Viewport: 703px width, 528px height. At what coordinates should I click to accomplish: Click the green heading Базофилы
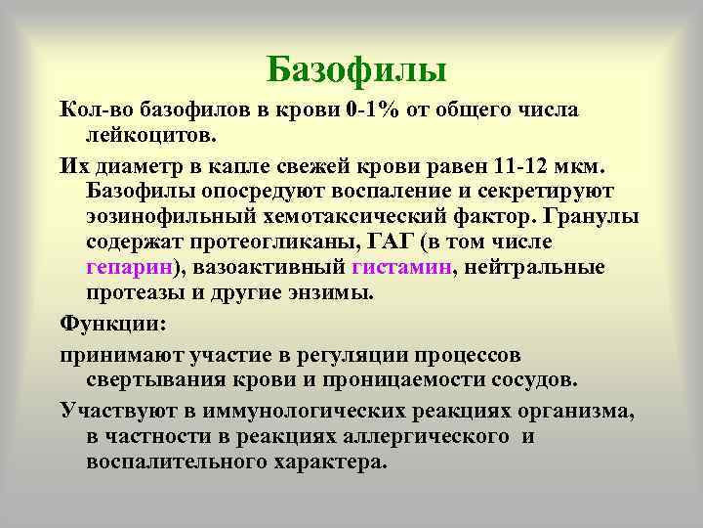pyautogui.click(x=356, y=69)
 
